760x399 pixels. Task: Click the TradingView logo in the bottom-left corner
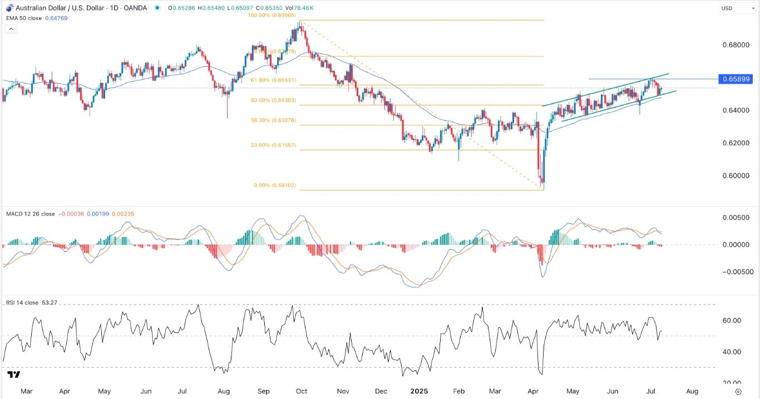point(14,375)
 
